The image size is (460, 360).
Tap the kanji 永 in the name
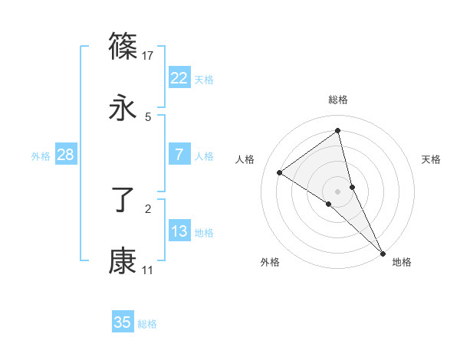123,108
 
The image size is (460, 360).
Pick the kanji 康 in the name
123,261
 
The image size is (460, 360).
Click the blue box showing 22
179,78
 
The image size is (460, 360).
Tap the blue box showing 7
179,155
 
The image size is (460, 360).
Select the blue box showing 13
179,231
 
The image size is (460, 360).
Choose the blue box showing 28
66,155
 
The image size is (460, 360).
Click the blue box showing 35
123,322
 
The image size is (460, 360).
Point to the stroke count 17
148,56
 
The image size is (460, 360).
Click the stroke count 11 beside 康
148,270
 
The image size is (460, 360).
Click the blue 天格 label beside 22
204,80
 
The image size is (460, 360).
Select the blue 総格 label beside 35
147,324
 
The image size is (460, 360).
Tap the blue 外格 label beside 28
41,156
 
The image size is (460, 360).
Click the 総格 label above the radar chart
338,100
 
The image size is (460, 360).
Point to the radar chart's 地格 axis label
402,262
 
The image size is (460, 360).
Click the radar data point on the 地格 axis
383,252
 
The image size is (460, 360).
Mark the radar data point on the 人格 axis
280,172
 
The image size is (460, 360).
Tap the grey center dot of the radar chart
338,191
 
